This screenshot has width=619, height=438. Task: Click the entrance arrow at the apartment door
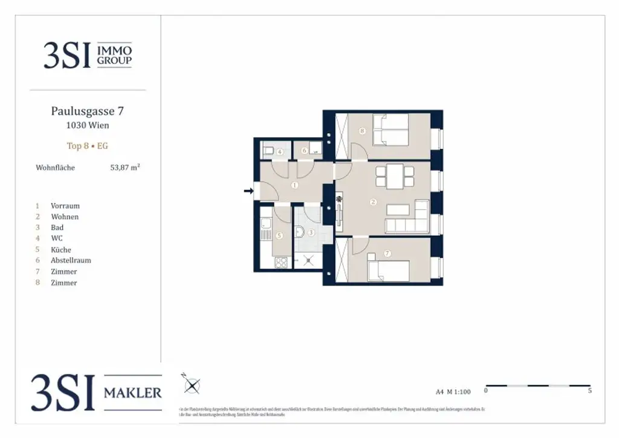248,191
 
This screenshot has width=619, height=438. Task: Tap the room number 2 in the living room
373,202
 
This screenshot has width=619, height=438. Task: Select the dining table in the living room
395,175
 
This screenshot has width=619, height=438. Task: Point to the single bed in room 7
389,270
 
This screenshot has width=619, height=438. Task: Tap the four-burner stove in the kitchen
282,263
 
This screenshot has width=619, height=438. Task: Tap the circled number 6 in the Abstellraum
305,151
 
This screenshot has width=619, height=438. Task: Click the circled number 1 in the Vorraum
294,185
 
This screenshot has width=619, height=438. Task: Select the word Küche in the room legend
61,250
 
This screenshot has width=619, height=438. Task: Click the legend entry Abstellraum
71,261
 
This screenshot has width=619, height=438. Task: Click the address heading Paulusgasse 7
88,111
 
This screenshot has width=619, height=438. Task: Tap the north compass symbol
192,385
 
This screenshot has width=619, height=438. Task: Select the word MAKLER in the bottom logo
133,393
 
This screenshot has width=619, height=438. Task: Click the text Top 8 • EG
88,146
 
